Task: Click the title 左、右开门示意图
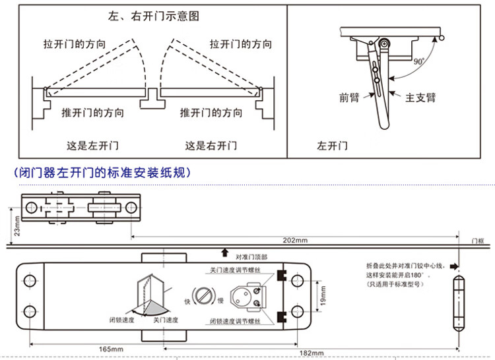[x=152, y=15]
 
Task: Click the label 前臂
[x=349, y=98]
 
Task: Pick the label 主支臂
[x=420, y=98]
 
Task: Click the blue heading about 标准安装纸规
[x=102, y=174]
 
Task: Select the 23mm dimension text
[x=17, y=227]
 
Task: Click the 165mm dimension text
[x=111, y=349]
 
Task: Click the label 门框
[x=478, y=241]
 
